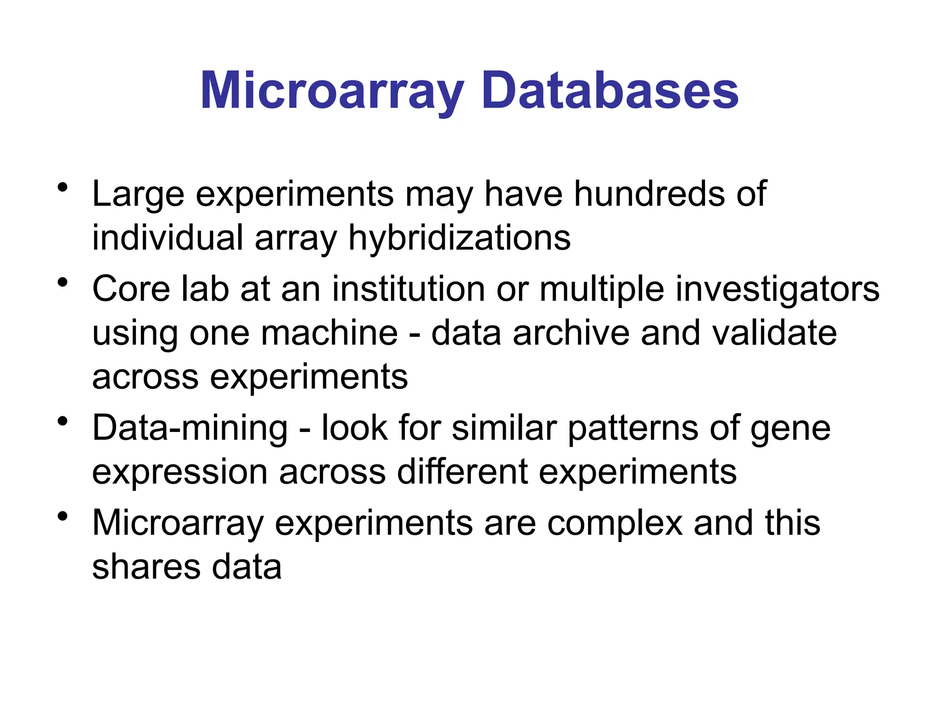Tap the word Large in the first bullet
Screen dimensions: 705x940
point(138,195)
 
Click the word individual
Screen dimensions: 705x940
point(168,238)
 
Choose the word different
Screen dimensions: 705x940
point(462,472)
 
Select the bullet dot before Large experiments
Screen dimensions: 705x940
point(63,187)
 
